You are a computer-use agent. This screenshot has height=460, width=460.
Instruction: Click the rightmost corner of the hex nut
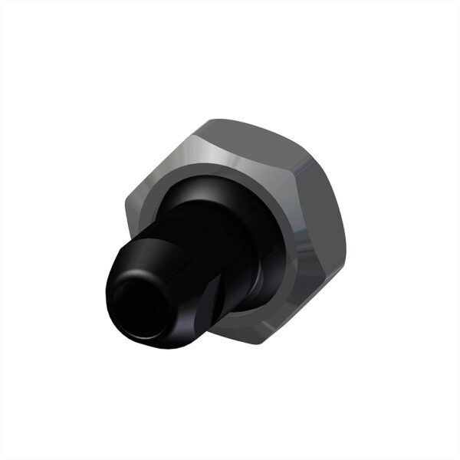coord(346,253)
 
